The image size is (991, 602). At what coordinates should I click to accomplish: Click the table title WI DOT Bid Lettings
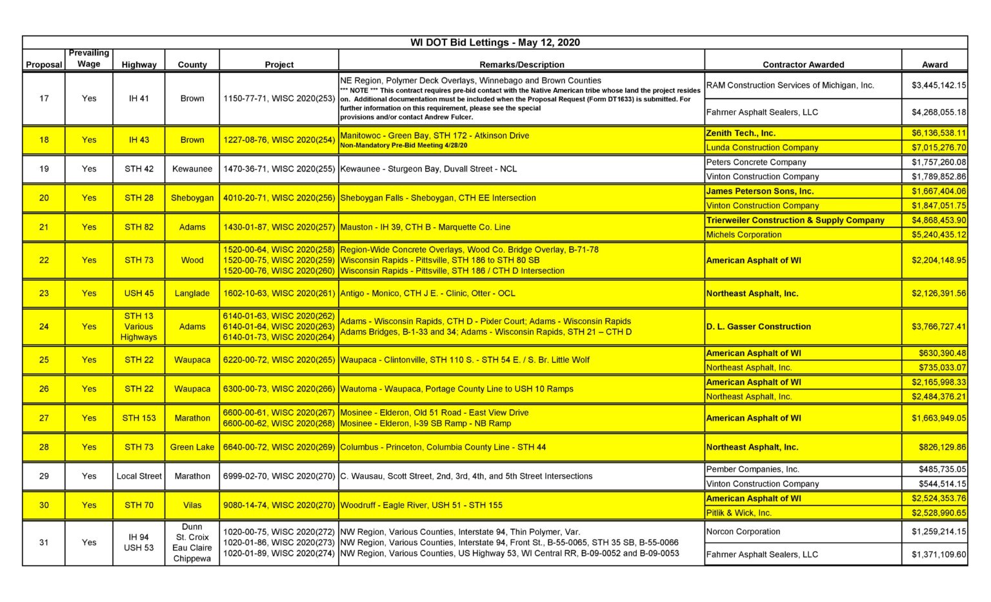coord(495,43)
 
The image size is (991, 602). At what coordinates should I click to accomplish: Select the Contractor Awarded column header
coord(803,65)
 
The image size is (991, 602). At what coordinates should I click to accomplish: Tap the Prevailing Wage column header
coord(89,58)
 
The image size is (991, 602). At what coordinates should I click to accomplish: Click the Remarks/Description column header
coord(521,65)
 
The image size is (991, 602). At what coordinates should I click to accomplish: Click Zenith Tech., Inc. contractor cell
coord(741,134)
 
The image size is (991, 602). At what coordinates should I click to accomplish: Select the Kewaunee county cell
coord(192,169)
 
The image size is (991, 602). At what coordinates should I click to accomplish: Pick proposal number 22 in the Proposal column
coord(44,261)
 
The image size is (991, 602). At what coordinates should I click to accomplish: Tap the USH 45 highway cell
coord(139,294)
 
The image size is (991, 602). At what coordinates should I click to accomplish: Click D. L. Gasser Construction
coord(758,327)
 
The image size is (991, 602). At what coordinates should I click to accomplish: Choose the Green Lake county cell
coord(192,447)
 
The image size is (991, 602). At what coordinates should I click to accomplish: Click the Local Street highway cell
coord(139,476)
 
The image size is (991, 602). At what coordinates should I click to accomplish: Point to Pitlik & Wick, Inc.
coord(739,513)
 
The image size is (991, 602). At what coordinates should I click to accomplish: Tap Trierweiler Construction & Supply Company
coord(795,221)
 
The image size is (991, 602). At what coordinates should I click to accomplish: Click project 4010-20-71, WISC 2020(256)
coord(279,198)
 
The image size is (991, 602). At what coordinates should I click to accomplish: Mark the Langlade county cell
coord(192,294)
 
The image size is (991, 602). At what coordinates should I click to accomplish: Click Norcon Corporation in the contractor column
coord(743,532)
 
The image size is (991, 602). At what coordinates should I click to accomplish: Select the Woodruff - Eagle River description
coord(421,505)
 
